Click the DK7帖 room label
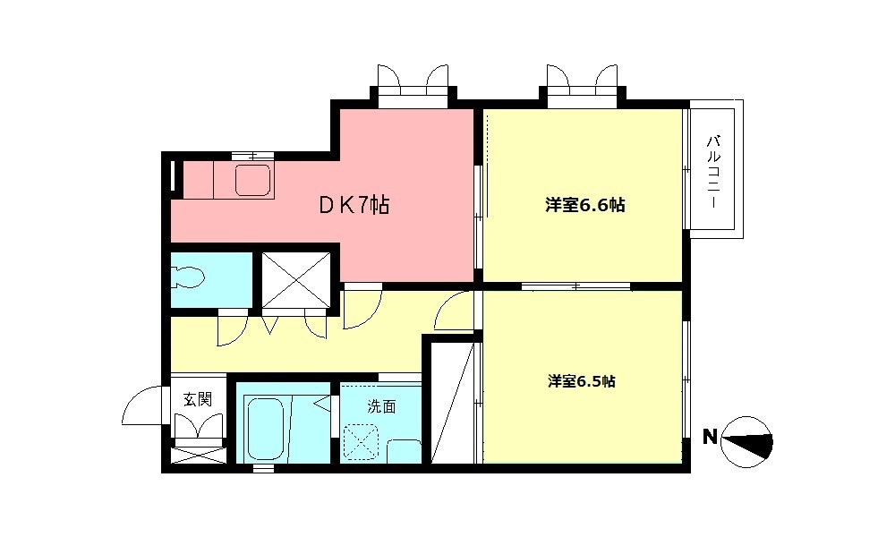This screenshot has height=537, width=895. point(354,206)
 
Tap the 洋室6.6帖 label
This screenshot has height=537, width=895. point(584,206)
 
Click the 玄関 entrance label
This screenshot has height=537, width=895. point(198,399)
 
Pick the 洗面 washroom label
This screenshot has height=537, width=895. point(381,405)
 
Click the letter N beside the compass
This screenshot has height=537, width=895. point(709,438)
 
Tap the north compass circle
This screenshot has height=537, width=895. point(746,439)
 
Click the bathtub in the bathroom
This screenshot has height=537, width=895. point(265,429)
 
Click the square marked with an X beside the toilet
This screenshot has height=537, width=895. point(297,279)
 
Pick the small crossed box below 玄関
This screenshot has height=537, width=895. point(198,455)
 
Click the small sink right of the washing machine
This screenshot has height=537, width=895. point(405,450)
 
